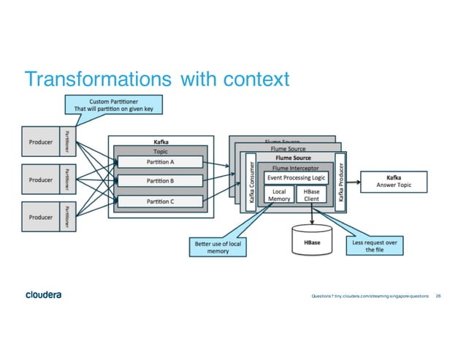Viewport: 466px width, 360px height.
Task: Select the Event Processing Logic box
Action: (296, 177)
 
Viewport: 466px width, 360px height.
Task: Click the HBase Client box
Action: (312, 194)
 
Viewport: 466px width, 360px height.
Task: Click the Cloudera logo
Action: (43, 295)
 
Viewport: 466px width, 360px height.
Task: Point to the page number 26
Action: (438, 296)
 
